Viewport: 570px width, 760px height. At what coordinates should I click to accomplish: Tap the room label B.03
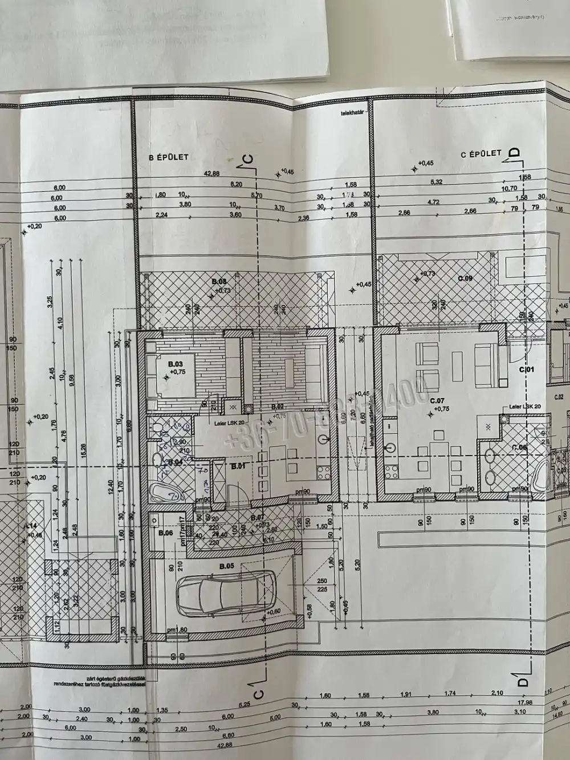coord(174,363)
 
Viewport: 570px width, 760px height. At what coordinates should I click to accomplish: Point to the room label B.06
coord(166,533)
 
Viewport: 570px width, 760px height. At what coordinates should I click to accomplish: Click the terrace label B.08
coord(219,282)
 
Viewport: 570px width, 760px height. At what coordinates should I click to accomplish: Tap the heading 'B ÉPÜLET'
coord(169,157)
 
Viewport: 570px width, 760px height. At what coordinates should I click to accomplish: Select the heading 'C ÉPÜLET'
coord(481,153)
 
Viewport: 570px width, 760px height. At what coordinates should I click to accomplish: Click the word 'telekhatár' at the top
coord(349,112)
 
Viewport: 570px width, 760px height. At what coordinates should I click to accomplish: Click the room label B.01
coord(237,465)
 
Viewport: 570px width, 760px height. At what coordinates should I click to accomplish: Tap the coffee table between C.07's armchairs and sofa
coord(457,361)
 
